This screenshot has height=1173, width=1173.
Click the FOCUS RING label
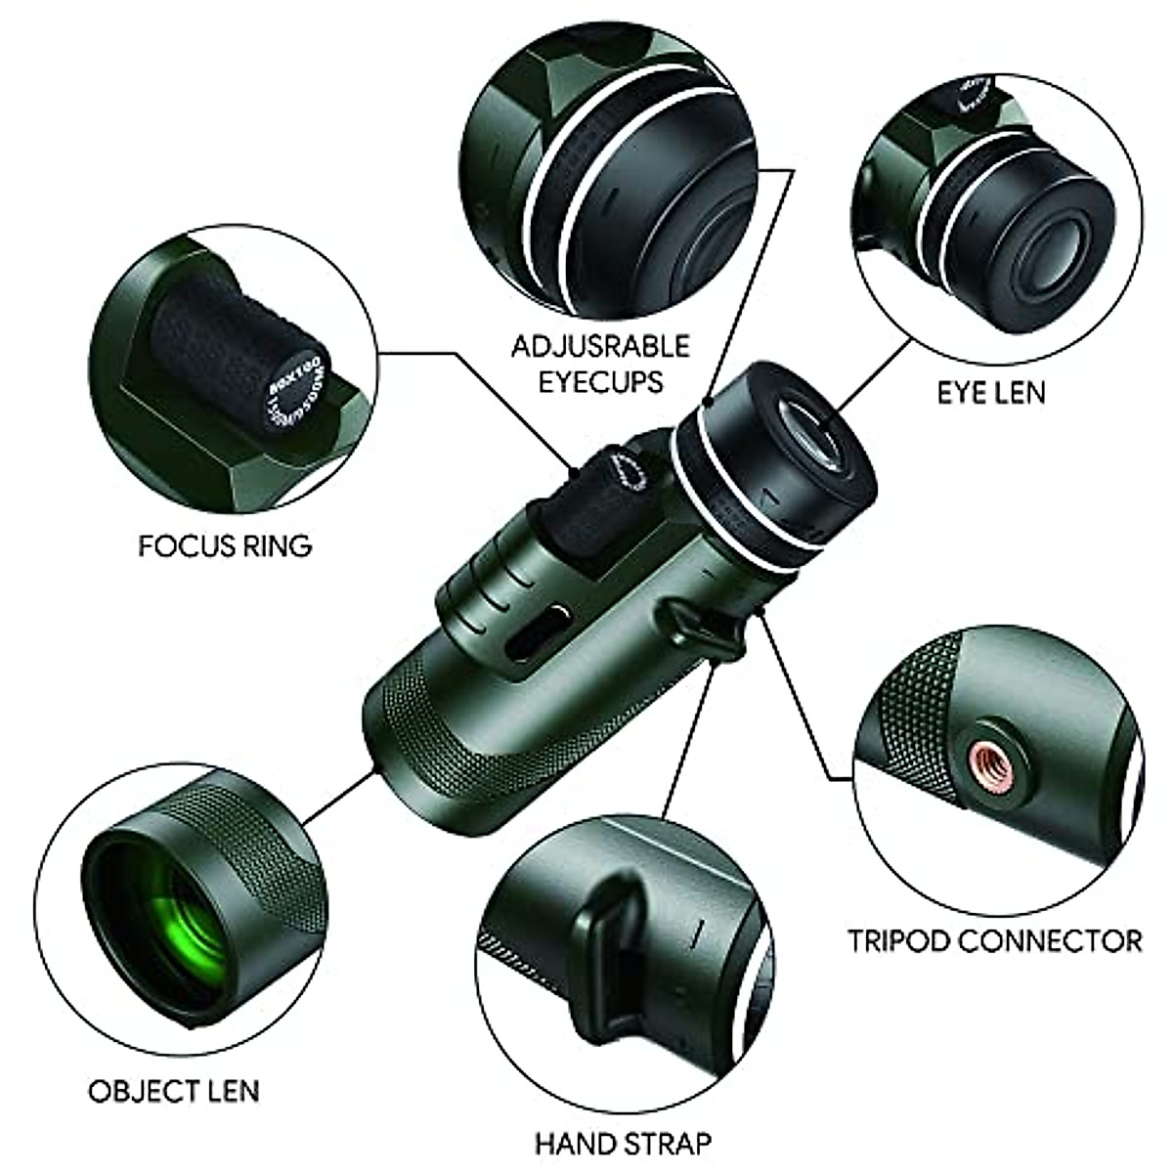pos(225,544)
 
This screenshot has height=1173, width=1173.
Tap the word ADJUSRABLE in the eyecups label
pos(601,346)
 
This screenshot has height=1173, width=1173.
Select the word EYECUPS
pos(601,380)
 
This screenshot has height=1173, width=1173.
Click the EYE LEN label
pos(991,392)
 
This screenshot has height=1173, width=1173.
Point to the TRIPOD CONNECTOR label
pos(994,941)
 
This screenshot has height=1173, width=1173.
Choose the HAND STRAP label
pos(623,1142)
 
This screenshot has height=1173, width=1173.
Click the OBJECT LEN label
pos(174,1064)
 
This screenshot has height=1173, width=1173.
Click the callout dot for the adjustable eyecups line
pos(706,400)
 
